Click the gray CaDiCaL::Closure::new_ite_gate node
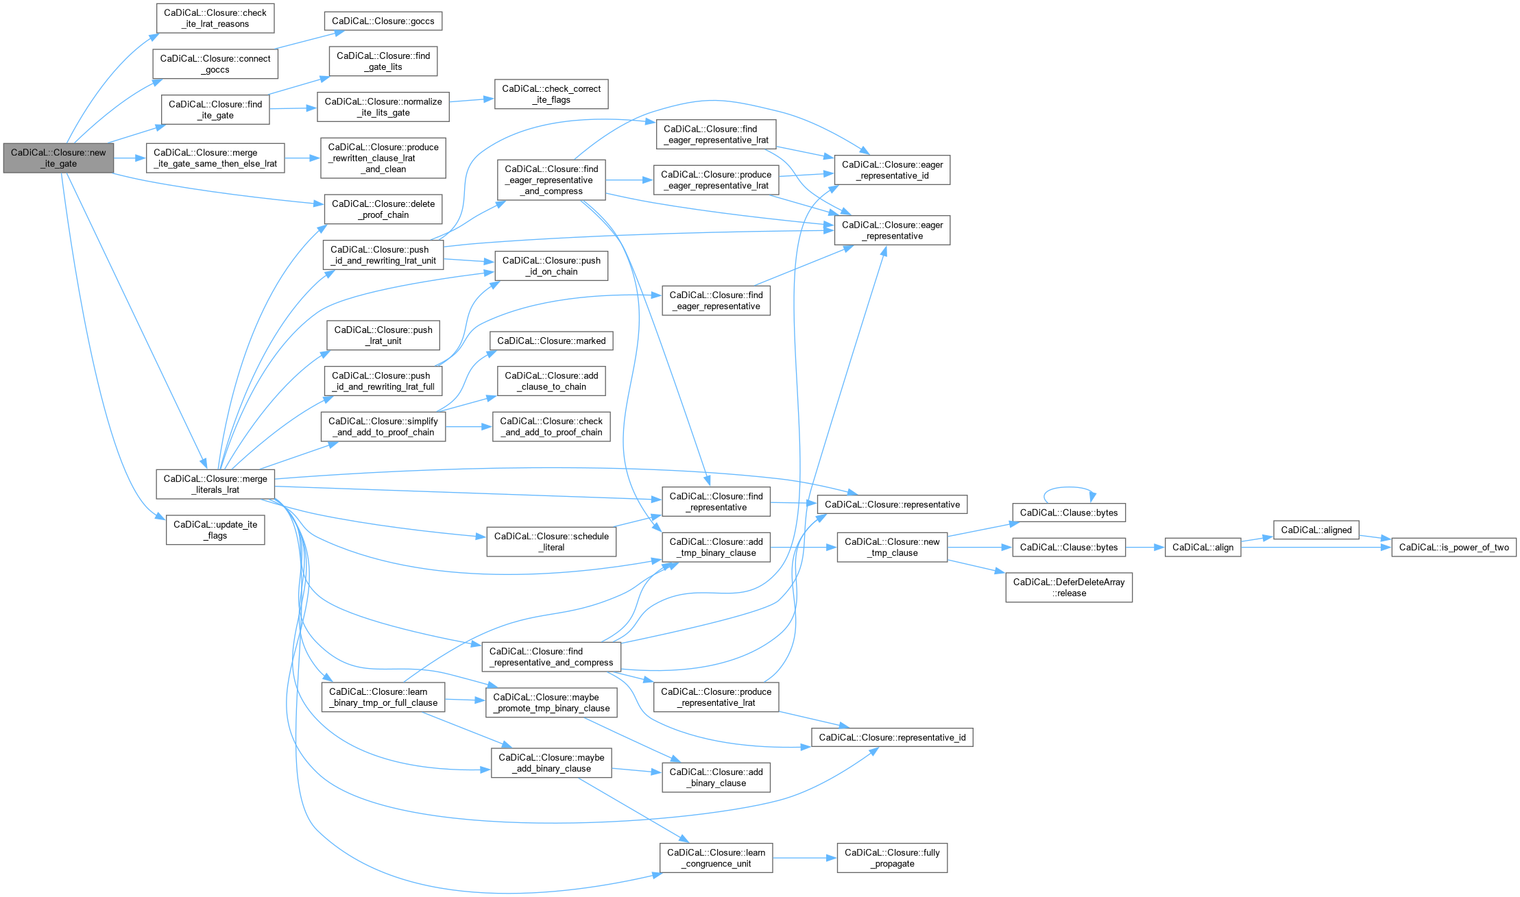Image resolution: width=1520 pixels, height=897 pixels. [x=58, y=158]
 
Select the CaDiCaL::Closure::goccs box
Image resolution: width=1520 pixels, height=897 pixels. [x=383, y=21]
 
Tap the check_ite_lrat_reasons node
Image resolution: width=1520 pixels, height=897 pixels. [x=215, y=19]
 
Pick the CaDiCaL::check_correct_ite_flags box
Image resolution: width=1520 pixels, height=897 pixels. [x=551, y=95]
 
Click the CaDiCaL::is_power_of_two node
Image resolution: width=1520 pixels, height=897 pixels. [x=1453, y=548]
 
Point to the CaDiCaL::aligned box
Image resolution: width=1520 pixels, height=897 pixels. [x=1316, y=530]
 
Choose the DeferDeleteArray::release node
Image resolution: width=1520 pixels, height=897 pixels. [x=1068, y=588]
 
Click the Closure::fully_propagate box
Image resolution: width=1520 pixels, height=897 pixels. [x=891, y=858]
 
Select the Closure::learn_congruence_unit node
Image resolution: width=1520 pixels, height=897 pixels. [x=716, y=858]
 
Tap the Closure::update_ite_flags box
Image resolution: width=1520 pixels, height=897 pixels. [x=215, y=530]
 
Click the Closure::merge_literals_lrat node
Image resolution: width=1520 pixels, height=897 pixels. [x=215, y=484]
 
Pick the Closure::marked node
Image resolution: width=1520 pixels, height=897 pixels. [x=551, y=341]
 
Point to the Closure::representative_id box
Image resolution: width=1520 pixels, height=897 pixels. [x=891, y=738]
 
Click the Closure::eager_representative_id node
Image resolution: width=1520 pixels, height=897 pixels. [x=891, y=170]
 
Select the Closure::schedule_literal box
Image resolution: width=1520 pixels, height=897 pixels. [x=551, y=542]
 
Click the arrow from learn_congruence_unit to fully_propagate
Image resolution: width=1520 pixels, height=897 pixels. [x=804, y=858]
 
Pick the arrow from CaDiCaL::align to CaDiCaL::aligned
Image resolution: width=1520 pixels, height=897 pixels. [x=1257, y=540]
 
